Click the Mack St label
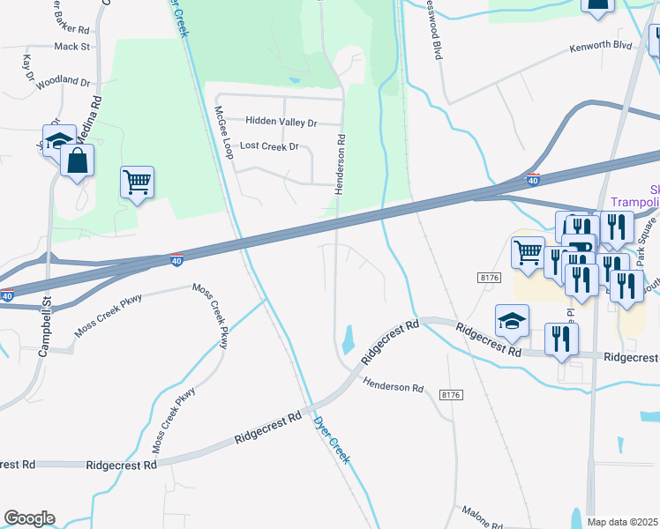[71, 46]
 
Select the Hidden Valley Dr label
[281, 122]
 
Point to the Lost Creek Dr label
[270, 146]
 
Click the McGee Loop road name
[223, 131]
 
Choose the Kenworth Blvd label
[601, 44]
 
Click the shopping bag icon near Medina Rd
[78, 161]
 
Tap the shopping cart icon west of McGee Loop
[137, 183]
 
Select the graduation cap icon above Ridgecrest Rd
[512, 322]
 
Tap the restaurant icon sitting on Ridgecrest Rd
[561, 339]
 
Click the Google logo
[29, 518]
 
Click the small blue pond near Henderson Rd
[349, 337]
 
